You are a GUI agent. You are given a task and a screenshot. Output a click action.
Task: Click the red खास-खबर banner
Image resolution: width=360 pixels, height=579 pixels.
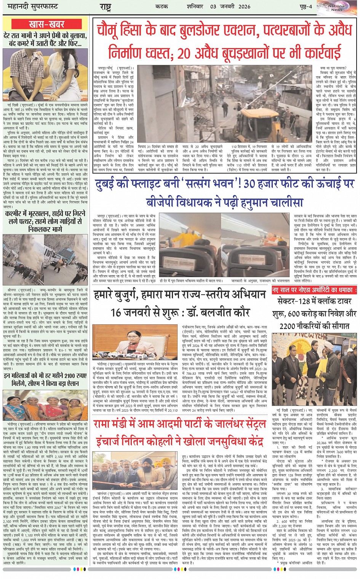(x=46, y=24)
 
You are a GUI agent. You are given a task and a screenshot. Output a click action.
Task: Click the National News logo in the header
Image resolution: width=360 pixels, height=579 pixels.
(x=336, y=7)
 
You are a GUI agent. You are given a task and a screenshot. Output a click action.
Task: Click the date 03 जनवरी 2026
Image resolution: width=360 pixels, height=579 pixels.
(x=230, y=6)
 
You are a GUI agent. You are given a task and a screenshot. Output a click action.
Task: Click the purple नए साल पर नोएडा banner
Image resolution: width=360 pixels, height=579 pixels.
(x=314, y=290)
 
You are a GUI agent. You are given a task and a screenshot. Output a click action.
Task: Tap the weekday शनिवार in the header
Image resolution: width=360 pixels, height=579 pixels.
(x=195, y=6)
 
